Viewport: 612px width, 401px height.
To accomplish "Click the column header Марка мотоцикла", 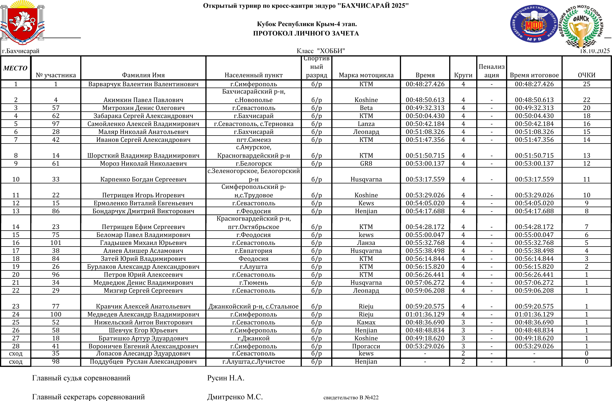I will point(366,75).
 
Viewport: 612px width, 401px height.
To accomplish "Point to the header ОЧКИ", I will point(586,75).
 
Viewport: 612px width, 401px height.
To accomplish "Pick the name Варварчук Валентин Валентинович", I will point(143,84).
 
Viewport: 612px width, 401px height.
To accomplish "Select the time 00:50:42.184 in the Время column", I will point(425,124).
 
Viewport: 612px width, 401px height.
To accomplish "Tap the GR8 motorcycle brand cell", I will point(366,164).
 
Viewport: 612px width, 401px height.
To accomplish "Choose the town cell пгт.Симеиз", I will point(254,140).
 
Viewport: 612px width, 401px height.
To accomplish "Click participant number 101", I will point(56,243).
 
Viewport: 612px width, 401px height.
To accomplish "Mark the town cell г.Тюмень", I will point(254,283).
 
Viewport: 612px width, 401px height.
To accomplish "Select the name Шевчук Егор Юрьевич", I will point(143,330).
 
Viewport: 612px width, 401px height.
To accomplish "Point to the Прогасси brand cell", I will point(366,346).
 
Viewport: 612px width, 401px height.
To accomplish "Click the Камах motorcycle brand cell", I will point(366,323).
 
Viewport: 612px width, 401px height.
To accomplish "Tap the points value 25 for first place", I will point(586,84).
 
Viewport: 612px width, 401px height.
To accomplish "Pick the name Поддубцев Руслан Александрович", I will point(143,362).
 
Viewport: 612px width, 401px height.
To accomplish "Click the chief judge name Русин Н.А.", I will point(225,378).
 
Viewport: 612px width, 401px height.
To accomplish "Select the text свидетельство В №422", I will point(351,398).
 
